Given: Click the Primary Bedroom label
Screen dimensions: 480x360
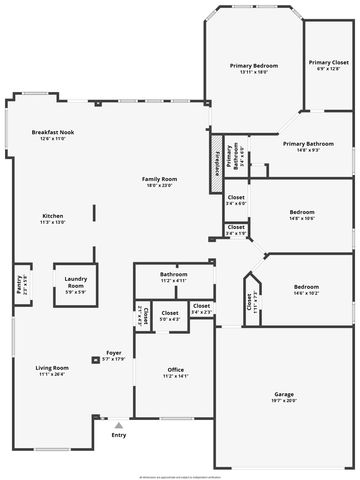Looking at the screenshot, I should [x=254, y=66].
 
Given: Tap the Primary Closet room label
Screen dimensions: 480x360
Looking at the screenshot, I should [x=327, y=63].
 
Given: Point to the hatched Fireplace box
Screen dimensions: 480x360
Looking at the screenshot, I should [x=214, y=169].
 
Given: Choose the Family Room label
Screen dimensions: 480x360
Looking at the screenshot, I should [x=160, y=179].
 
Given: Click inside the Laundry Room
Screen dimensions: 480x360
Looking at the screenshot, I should [x=75, y=285].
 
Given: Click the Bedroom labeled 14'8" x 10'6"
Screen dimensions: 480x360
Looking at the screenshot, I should [x=302, y=212].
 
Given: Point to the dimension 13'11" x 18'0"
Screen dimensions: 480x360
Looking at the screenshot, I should [x=254, y=72].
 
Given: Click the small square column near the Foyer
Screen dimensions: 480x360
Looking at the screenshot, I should [x=94, y=355].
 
